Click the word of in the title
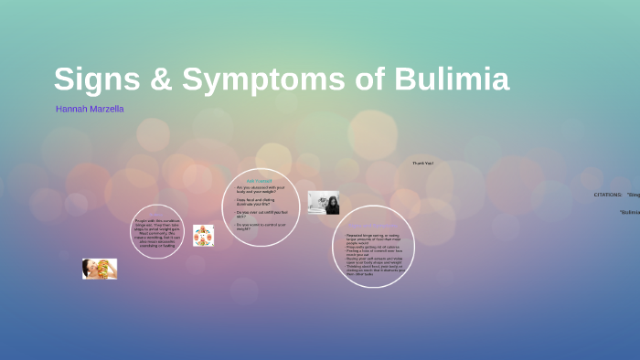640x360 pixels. [369, 80]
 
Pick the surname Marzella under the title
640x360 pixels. [106, 110]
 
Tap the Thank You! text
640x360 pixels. [422, 164]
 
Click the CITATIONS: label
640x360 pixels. [608, 195]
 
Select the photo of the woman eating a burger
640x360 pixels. [100, 269]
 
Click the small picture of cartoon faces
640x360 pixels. [203, 236]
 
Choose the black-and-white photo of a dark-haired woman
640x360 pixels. [324, 202]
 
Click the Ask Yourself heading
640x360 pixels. [260, 181]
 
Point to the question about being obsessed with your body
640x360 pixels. [261, 189]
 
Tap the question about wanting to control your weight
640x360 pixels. [261, 227]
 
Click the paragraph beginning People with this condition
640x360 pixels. [157, 232]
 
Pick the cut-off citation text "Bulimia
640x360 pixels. [630, 212]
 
